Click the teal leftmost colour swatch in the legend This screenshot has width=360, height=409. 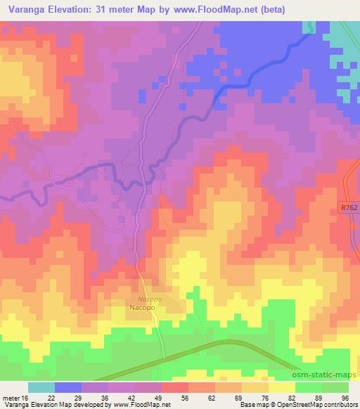(x=41, y=387)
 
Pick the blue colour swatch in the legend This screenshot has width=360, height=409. (x=68, y=387)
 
